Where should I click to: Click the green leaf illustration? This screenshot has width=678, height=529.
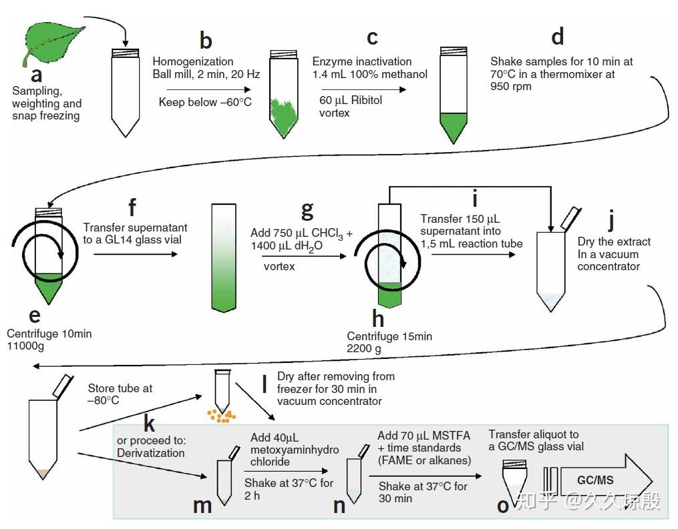click(x=55, y=44)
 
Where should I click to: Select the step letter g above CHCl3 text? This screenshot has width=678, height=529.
click(x=307, y=209)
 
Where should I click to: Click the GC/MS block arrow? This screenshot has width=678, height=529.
click(x=605, y=480)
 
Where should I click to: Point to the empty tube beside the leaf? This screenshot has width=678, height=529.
click(x=125, y=93)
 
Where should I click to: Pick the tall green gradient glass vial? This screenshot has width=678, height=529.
click(x=223, y=257)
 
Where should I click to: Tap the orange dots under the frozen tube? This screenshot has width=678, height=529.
click(x=221, y=416)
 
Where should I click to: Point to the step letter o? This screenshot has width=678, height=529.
click(x=503, y=505)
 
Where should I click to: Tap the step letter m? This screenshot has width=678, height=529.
click(x=202, y=505)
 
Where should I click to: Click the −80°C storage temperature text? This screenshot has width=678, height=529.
click(x=104, y=400)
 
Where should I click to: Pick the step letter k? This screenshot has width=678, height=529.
click(x=149, y=423)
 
